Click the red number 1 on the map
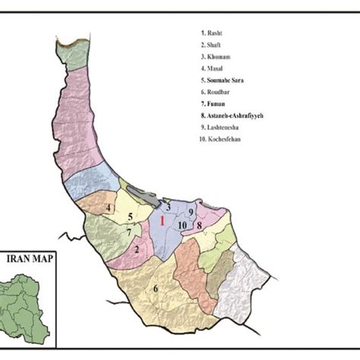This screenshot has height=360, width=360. pyautogui.click(x=161, y=221)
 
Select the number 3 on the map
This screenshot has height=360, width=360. pyautogui.click(x=167, y=205)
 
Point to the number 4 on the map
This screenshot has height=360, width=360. pyautogui.click(x=109, y=208)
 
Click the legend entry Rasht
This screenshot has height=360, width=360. pyautogui.click(x=213, y=33)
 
